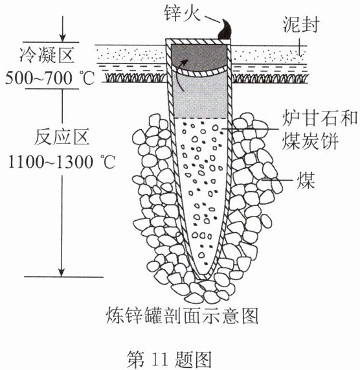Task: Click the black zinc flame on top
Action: click(x=225, y=30)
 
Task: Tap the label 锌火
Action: click(x=182, y=13)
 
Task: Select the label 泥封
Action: click(x=301, y=24)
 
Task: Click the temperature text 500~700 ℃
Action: click(x=50, y=78)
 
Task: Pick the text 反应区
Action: click(x=62, y=137)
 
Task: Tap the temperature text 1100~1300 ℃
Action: click(x=62, y=162)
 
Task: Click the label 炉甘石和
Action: click(x=320, y=118)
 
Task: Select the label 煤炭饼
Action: click(x=310, y=141)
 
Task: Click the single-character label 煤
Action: click(x=306, y=180)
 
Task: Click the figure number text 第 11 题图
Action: click(x=169, y=360)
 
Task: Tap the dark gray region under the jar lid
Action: click(x=199, y=56)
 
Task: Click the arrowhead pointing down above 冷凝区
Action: click(x=62, y=38)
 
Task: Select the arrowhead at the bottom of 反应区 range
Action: click(x=62, y=272)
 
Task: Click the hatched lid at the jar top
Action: click(x=198, y=41)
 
